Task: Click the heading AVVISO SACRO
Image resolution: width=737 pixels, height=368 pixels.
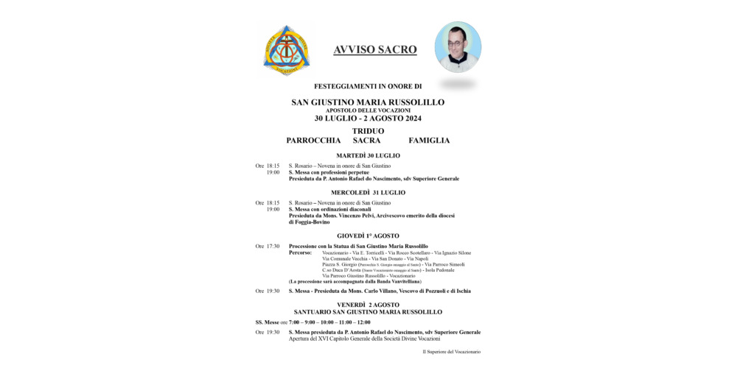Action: pyautogui.click(x=375, y=50)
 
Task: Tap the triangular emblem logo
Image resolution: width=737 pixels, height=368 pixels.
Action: pyautogui.click(x=287, y=50)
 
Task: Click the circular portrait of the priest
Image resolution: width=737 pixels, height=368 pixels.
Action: pyautogui.click(x=458, y=46)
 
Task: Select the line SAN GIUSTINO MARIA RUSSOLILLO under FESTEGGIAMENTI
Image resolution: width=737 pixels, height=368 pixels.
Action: pyautogui.click(x=368, y=102)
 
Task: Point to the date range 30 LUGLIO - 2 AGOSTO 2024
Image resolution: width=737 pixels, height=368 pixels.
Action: pyautogui.click(x=368, y=118)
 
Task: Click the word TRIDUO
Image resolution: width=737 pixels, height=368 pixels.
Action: pyautogui.click(x=368, y=131)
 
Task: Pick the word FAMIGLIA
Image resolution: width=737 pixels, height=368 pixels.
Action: pyautogui.click(x=429, y=140)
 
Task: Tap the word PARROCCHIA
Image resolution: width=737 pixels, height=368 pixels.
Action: pyautogui.click(x=313, y=140)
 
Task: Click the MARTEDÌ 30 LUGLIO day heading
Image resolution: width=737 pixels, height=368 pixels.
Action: pyautogui.click(x=368, y=156)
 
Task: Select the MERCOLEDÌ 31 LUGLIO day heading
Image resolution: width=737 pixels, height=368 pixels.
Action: pyautogui.click(x=368, y=193)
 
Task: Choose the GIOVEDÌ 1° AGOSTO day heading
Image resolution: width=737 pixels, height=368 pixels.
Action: pyautogui.click(x=368, y=236)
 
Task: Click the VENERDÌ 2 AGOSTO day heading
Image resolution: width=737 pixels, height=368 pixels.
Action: pyautogui.click(x=368, y=304)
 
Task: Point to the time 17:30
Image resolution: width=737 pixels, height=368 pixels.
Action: pyautogui.click(x=272, y=247)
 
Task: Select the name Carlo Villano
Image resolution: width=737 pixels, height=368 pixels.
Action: pyautogui.click(x=364, y=291)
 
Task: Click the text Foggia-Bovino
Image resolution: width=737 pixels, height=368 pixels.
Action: pyautogui.click(x=310, y=222)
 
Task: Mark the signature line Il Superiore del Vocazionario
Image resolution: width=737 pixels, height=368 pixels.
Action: pyautogui.click(x=451, y=352)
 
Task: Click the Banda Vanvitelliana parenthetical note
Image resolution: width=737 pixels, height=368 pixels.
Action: pyautogui.click(x=354, y=281)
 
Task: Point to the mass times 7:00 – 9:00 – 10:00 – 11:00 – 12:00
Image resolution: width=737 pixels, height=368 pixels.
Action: pyautogui.click(x=330, y=322)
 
